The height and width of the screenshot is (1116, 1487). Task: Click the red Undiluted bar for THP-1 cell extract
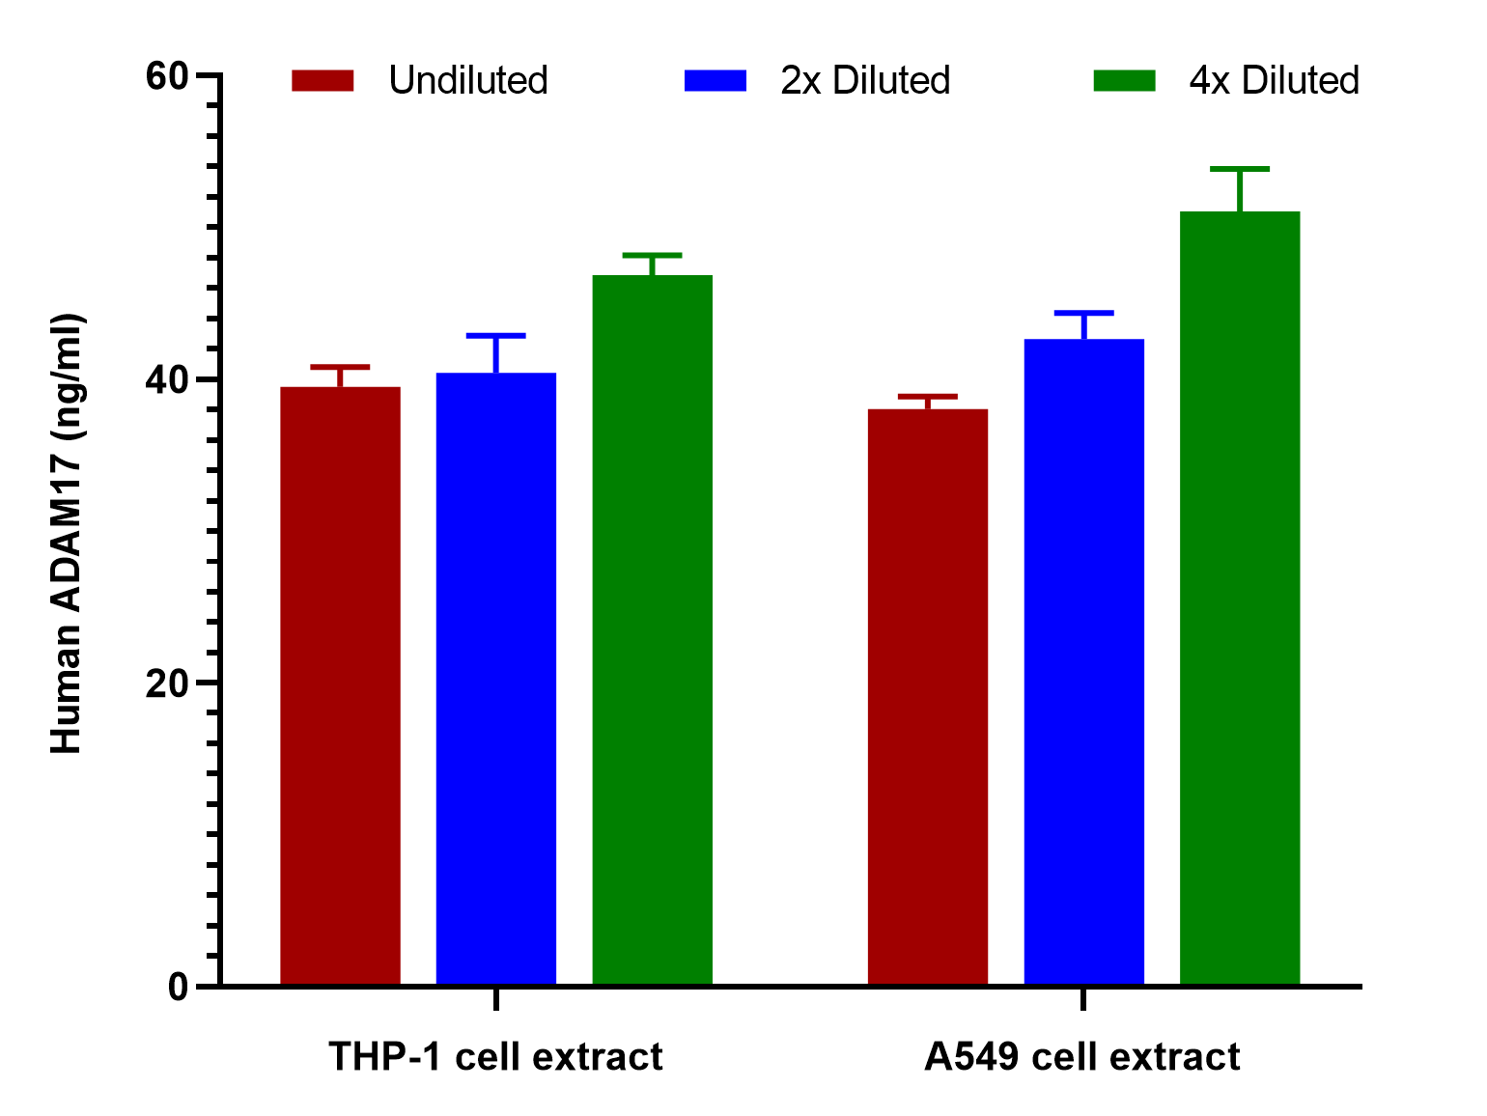coord(340,685)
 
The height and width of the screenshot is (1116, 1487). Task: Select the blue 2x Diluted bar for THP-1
coord(496,678)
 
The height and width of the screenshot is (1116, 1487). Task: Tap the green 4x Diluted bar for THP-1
coord(653,629)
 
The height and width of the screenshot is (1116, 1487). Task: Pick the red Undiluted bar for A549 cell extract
coord(927,696)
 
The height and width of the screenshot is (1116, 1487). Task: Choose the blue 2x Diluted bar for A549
coord(1084,661)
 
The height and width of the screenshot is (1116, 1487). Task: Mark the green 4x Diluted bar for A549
coord(1240,598)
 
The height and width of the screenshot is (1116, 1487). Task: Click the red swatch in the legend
coord(323,80)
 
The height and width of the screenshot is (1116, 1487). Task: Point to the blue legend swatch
coord(715,80)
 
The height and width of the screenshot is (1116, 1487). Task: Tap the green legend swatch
coord(1125,80)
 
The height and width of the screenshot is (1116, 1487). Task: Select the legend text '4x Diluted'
coord(1275,80)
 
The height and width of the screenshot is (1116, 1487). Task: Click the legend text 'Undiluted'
coord(468,80)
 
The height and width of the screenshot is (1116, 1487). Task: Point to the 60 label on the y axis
coord(167,76)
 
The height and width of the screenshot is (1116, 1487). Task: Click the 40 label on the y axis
coord(167,380)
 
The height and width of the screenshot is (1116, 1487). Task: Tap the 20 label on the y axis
coord(167,684)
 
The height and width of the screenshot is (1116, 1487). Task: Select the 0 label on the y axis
coord(179,987)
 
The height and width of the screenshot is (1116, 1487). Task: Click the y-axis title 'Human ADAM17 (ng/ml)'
coord(67,533)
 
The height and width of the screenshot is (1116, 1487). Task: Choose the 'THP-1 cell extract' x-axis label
coord(496,1056)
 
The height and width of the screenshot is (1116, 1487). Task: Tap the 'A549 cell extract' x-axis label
coord(1082,1056)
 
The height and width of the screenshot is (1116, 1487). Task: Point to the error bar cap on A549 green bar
coord(1240,169)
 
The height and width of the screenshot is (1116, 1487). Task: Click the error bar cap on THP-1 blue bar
coord(496,336)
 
